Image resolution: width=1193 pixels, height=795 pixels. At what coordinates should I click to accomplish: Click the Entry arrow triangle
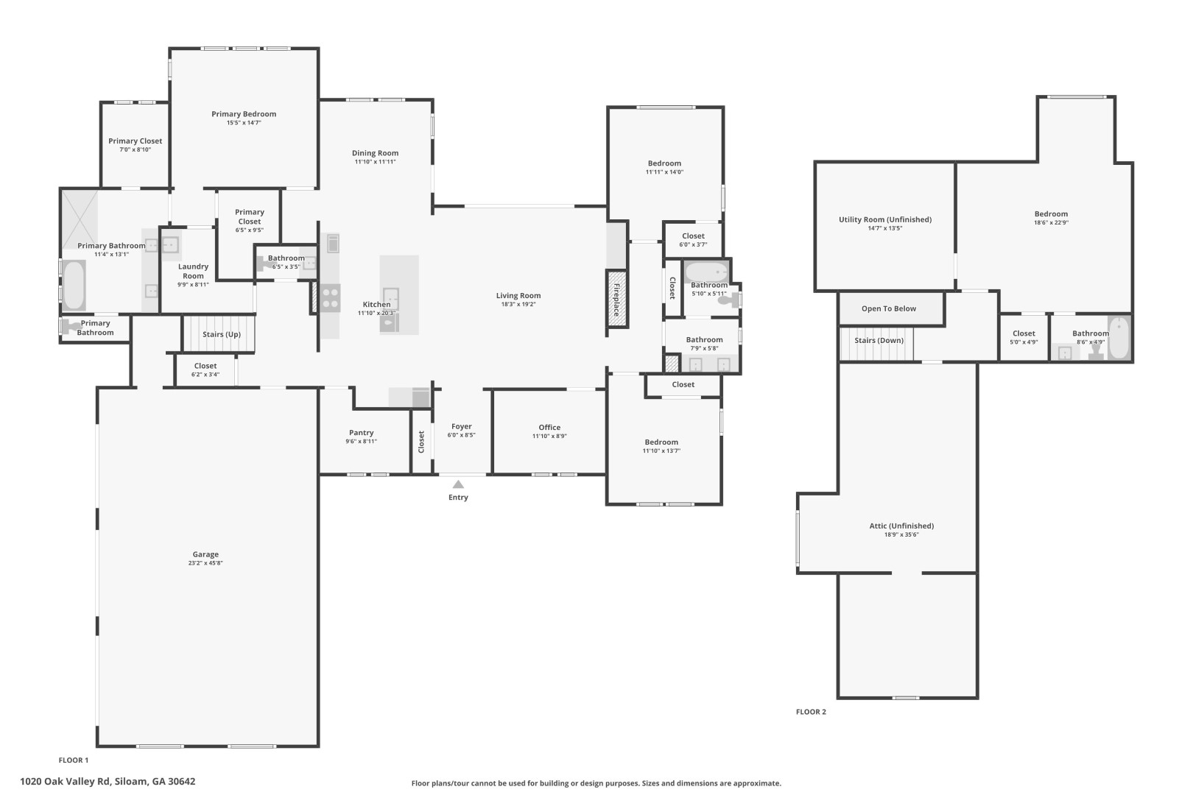click(458, 484)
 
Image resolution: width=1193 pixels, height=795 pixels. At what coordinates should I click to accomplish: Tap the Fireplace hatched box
click(616, 299)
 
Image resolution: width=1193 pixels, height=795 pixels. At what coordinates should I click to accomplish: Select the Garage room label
click(205, 554)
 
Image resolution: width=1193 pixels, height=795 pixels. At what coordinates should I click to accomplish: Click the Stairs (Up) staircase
click(219, 334)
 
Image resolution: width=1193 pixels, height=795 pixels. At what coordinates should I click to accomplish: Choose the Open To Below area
click(891, 309)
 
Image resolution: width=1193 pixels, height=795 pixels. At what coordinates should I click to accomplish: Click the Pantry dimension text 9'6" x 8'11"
click(361, 442)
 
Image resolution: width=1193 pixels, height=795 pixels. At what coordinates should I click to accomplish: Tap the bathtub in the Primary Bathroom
click(74, 285)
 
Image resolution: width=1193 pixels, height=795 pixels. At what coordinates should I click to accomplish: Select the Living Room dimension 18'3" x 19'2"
click(518, 305)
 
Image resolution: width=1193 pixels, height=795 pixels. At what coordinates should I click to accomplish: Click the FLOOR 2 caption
click(811, 712)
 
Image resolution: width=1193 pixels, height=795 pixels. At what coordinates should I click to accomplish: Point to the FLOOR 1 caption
click(74, 760)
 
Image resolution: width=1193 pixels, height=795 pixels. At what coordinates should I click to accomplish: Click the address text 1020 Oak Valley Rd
click(65, 782)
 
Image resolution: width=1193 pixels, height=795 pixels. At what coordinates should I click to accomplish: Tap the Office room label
click(549, 427)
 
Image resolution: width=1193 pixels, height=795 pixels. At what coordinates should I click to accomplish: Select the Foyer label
click(461, 426)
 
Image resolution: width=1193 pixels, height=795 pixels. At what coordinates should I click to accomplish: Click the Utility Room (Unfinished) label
click(885, 219)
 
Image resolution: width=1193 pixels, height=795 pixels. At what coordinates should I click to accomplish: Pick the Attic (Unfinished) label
click(901, 526)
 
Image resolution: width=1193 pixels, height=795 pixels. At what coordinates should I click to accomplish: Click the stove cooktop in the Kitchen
click(330, 298)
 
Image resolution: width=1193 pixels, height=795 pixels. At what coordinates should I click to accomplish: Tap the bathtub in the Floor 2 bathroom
click(1119, 338)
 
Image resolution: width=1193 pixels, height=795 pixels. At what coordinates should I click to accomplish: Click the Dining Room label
click(375, 153)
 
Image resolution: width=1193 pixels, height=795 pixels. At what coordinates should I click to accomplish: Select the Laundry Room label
click(193, 271)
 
